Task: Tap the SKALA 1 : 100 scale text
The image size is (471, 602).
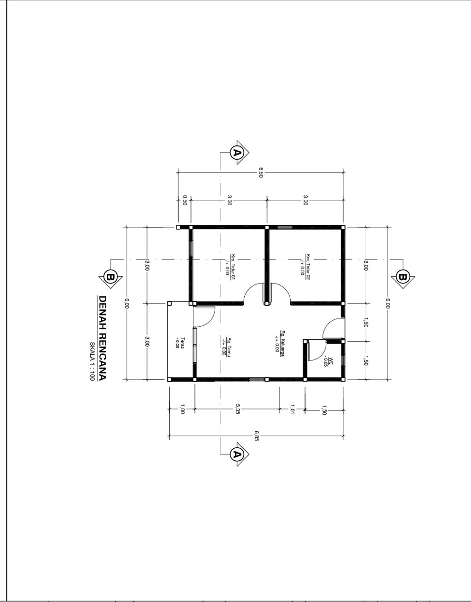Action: [x=92, y=361]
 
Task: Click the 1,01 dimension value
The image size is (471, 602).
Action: [x=292, y=409]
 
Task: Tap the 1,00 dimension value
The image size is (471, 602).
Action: [x=182, y=409]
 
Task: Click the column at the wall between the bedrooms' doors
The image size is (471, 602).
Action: [x=267, y=303]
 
